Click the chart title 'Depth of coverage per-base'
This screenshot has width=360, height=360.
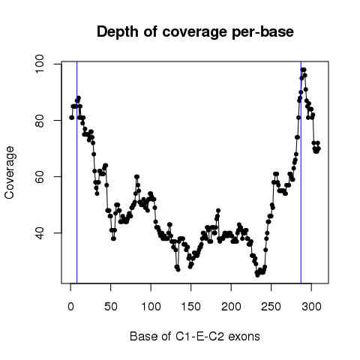[x=195, y=32]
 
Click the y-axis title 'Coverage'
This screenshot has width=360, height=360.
[x=10, y=172]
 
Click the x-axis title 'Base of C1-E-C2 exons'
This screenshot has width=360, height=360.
[x=195, y=337]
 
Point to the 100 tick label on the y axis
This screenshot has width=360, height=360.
[x=39, y=64]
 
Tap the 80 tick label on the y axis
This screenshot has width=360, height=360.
[x=39, y=120]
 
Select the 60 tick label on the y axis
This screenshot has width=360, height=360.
[x=39, y=176]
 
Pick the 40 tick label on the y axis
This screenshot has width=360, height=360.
[x=39, y=232]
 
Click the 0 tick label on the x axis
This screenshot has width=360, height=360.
[x=70, y=307]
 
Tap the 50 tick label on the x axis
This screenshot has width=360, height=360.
[x=111, y=307]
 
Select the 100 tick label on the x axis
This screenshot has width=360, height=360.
[x=151, y=307]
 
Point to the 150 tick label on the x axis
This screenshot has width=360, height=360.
[x=191, y=307]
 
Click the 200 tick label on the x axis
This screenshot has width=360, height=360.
[x=231, y=307]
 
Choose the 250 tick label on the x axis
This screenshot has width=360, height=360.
[x=271, y=307]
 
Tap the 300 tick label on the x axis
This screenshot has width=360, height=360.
[x=311, y=307]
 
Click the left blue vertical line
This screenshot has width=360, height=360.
[x=77, y=172]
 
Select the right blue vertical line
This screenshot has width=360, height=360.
[x=301, y=172]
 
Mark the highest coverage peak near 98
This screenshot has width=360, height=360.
[x=303, y=70]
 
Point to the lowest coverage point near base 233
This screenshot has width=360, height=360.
[x=257, y=275]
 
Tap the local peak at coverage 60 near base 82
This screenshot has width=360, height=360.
[x=136, y=176]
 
